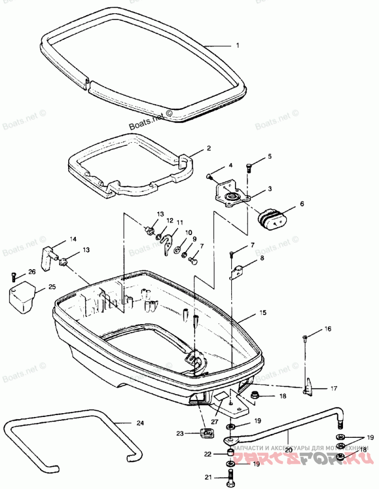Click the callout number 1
[x=238, y=46]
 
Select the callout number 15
[x=262, y=313]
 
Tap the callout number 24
[x=139, y=422]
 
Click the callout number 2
[x=208, y=148]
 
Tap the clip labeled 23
[x=207, y=433]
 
